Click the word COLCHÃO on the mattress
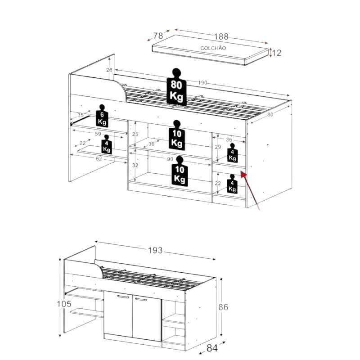click(213, 48)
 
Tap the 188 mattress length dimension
click(221, 36)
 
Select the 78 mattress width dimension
click(158, 36)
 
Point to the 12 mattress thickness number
click(277, 53)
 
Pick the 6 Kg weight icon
click(102, 116)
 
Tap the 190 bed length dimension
click(202, 83)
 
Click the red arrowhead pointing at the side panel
click(243, 175)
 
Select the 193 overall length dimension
click(155, 250)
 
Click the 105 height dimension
click(64, 304)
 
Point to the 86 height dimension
click(223, 307)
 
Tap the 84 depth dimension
click(212, 348)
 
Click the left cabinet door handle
click(123, 297)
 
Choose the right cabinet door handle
click(141, 299)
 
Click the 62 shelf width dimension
click(99, 159)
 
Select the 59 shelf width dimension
click(98, 134)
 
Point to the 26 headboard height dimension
click(109, 70)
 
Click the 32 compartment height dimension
click(135, 165)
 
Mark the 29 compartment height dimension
click(218, 147)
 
